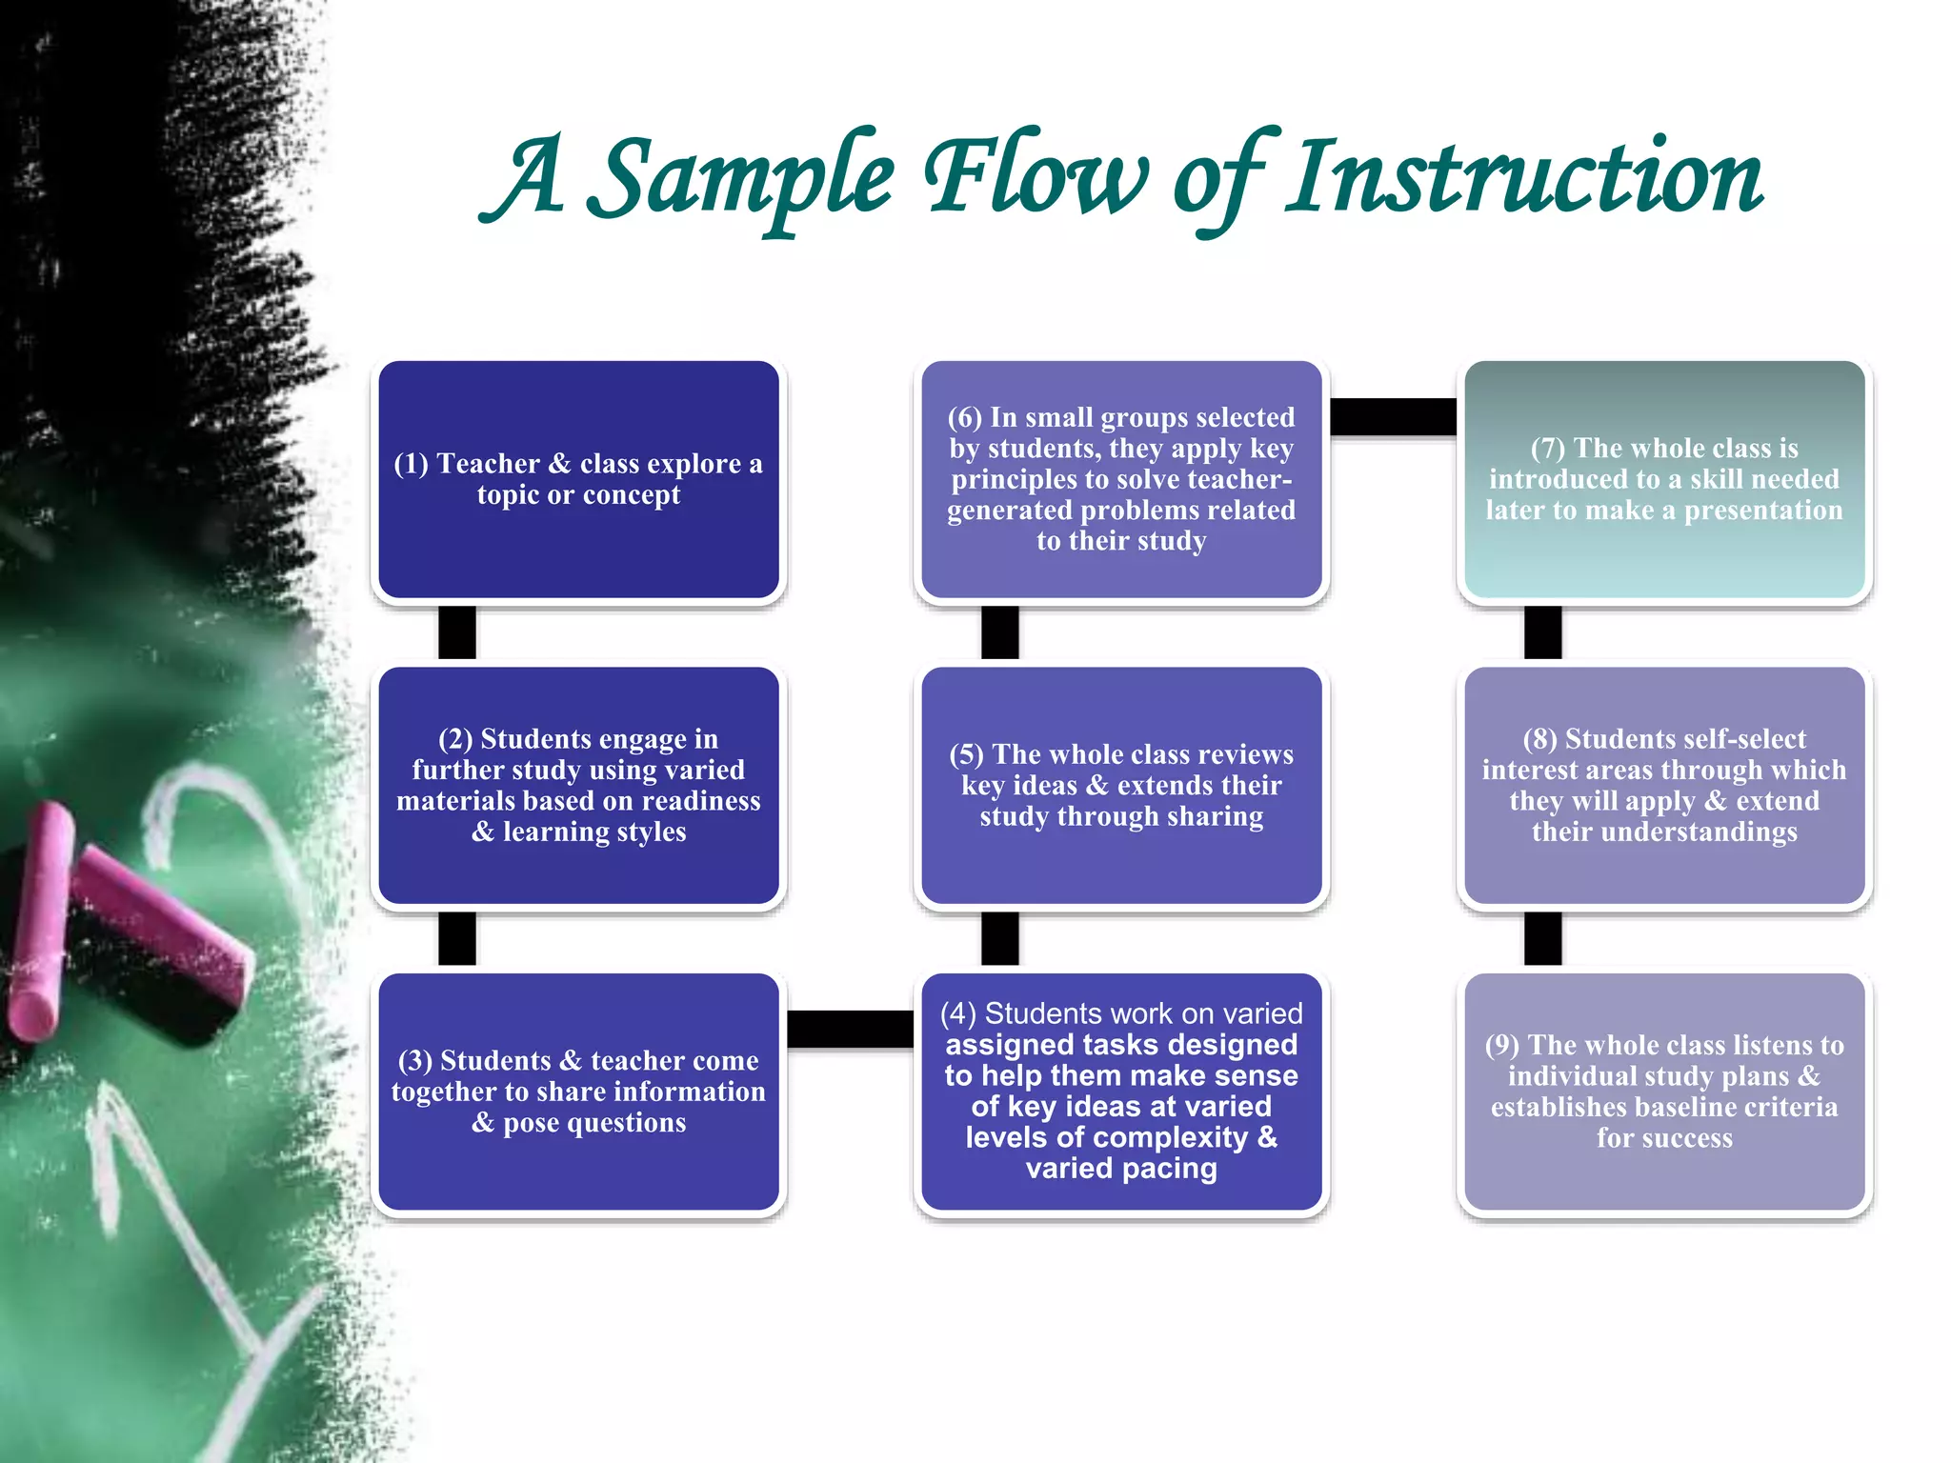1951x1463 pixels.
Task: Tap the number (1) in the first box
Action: pyautogui.click(x=412, y=464)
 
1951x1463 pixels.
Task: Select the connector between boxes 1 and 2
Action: pyautogui.click(x=457, y=632)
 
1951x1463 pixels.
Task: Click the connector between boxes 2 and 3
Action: pyautogui.click(x=457, y=938)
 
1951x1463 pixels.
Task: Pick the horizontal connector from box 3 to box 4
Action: pyautogui.click(x=850, y=1029)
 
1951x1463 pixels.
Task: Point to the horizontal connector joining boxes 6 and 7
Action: pyautogui.click(x=1393, y=416)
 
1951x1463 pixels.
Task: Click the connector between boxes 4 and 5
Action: pyautogui.click(x=1000, y=938)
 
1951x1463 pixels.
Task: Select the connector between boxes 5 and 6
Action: pyautogui.click(x=1000, y=632)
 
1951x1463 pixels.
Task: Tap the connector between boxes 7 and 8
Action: pyautogui.click(x=1542, y=632)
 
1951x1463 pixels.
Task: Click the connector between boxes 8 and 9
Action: pyautogui.click(x=1542, y=938)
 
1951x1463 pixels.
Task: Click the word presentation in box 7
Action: pyautogui.click(x=1763, y=511)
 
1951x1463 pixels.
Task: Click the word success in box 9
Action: pyautogui.click(x=1689, y=1138)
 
